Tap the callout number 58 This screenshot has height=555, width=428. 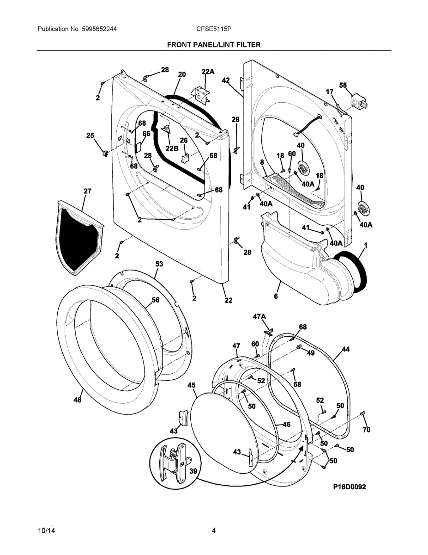coord(343,85)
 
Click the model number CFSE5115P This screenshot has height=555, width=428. coord(214,29)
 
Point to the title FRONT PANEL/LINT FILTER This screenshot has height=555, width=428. coord(214,45)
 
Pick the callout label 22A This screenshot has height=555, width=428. coord(208,72)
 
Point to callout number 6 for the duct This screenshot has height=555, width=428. coord(276,296)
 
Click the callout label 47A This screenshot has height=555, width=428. coord(259,317)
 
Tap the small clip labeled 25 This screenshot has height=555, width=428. coord(105,153)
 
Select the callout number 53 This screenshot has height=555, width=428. coord(159,264)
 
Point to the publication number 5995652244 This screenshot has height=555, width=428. coord(99,29)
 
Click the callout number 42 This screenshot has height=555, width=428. coord(226,80)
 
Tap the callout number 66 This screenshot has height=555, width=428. coord(146,133)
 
